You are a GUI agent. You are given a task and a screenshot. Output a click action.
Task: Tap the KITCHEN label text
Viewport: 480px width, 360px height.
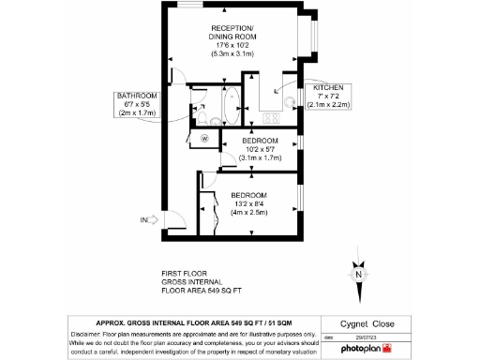click(328, 87)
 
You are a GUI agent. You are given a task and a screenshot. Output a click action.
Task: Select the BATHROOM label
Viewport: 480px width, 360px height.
click(136, 96)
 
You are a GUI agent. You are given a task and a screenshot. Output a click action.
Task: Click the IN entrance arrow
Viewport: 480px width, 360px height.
click(147, 220)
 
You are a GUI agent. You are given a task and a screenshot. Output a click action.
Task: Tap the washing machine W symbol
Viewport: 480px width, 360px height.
click(204, 138)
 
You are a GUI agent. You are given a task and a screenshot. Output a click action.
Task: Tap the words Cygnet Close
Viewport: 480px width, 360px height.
click(364, 321)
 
